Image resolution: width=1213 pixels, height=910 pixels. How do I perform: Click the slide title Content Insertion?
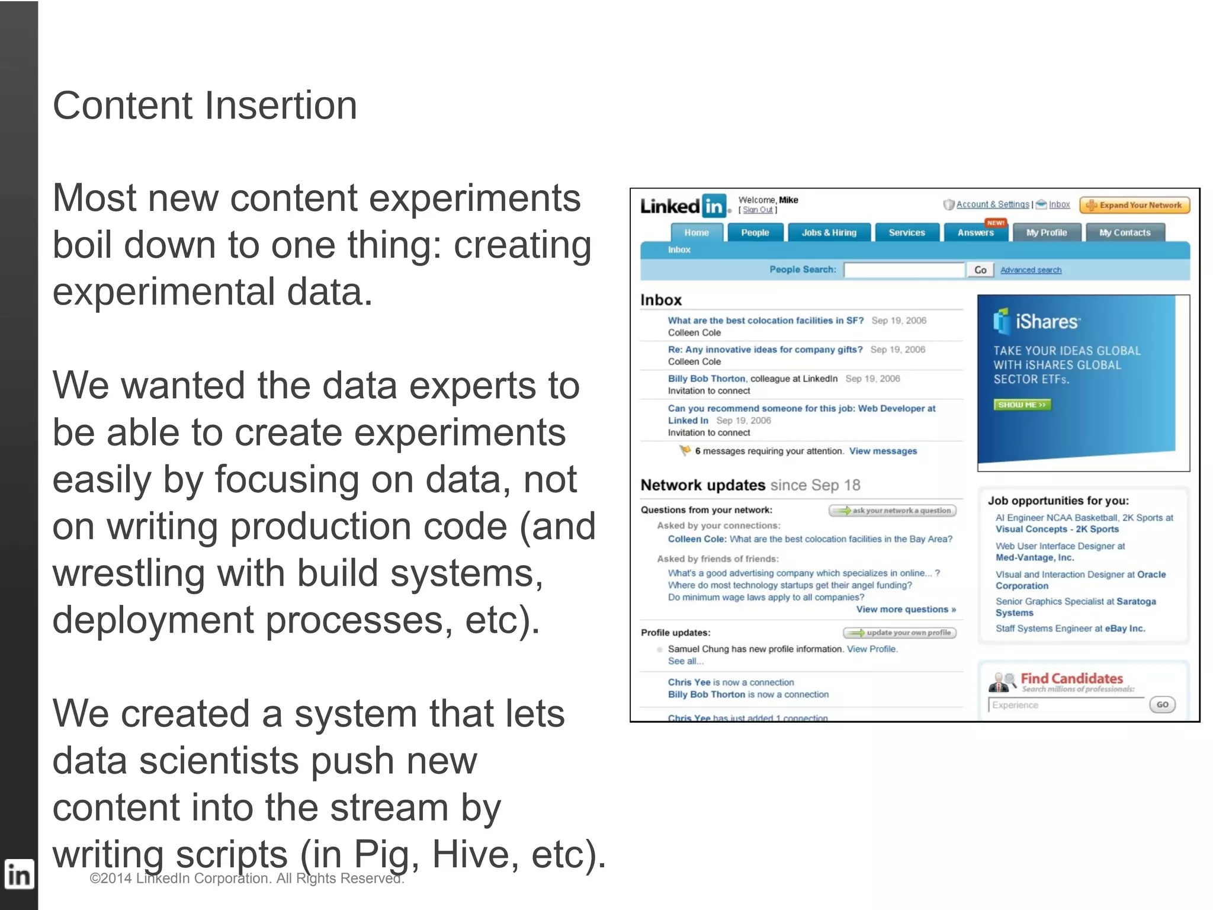click(x=205, y=106)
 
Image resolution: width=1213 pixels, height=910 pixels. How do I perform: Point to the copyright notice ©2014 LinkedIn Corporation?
click(x=246, y=879)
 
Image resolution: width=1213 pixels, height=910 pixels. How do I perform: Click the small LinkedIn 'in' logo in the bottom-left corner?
click(x=18, y=875)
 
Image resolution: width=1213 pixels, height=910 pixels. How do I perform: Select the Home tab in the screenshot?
click(x=697, y=233)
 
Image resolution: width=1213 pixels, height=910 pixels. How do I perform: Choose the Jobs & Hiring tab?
click(x=829, y=233)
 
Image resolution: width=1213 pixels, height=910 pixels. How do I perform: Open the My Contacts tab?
click(x=1124, y=233)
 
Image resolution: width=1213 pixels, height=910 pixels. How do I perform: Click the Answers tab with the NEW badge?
click(x=975, y=233)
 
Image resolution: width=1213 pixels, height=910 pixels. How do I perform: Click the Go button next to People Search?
click(x=980, y=270)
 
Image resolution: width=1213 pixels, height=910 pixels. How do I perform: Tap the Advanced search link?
click(x=1031, y=270)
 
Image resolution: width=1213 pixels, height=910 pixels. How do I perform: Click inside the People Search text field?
click(x=904, y=270)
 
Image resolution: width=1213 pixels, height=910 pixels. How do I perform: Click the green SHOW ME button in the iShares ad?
click(x=1022, y=405)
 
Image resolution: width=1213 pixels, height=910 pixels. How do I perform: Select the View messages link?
click(x=883, y=451)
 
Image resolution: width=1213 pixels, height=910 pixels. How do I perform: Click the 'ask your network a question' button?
click(x=892, y=511)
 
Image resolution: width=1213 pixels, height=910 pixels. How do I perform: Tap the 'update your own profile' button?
click(x=900, y=633)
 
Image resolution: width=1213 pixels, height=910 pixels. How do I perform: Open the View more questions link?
click(x=906, y=610)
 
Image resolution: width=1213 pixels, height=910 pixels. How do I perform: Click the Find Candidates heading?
click(x=1071, y=678)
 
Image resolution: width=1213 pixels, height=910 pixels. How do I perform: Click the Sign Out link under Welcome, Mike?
click(x=758, y=210)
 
